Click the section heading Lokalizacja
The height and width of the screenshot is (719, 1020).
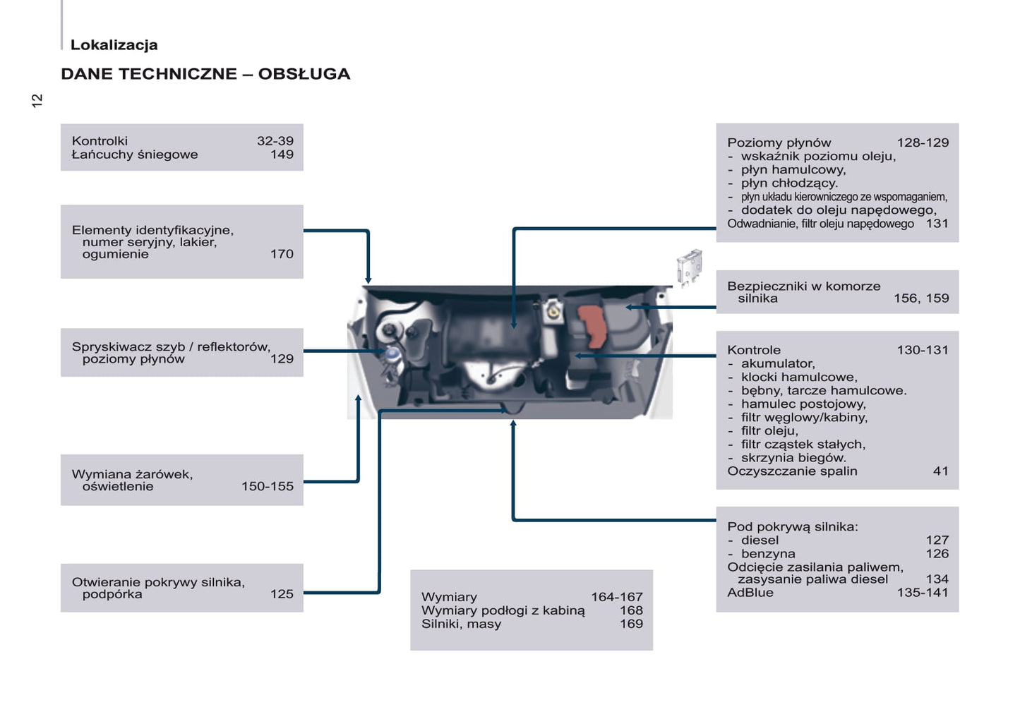(114, 44)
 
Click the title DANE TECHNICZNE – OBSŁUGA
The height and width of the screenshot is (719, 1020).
(205, 73)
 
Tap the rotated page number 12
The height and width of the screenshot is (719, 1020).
(37, 101)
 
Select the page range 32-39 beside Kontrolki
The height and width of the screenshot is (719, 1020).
(275, 140)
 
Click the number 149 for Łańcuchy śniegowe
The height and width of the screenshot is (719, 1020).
(282, 155)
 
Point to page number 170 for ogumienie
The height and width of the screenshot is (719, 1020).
(282, 254)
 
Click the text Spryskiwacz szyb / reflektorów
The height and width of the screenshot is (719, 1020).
(171, 347)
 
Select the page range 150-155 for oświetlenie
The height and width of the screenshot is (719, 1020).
(268, 486)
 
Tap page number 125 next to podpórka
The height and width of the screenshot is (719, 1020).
(282, 594)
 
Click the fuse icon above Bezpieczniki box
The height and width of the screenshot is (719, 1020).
(689, 267)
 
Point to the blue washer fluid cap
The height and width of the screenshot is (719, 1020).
(392, 354)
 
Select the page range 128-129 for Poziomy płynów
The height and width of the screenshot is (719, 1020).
(923, 143)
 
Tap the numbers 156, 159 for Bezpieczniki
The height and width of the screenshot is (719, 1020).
(921, 298)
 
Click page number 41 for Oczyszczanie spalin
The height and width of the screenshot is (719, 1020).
(940, 471)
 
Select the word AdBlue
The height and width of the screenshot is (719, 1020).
(750, 593)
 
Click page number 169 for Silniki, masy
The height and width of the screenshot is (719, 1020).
(631, 624)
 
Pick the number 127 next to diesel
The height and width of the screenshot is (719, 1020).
(937, 540)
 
